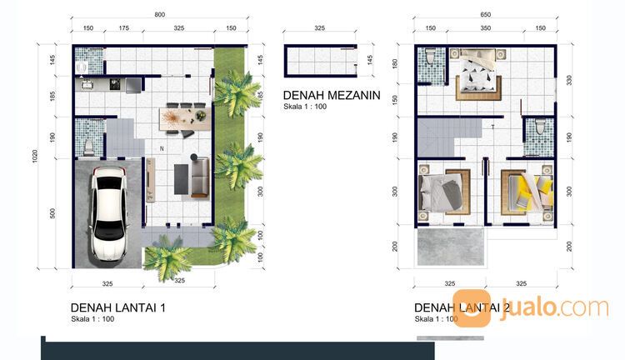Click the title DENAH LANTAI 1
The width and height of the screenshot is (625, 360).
[118, 307]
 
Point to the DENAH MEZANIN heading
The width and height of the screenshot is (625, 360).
[332, 95]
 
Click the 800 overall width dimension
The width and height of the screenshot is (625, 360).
[159, 14]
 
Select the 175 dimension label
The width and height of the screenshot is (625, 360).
[124, 28]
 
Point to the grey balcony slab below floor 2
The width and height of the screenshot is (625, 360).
[448, 246]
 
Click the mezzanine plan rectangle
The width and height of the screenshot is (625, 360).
[320, 60]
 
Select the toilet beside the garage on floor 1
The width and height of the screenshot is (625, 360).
[89, 142]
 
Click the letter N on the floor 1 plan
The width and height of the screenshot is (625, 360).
[162, 149]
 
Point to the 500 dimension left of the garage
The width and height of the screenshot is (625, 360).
[52, 213]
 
